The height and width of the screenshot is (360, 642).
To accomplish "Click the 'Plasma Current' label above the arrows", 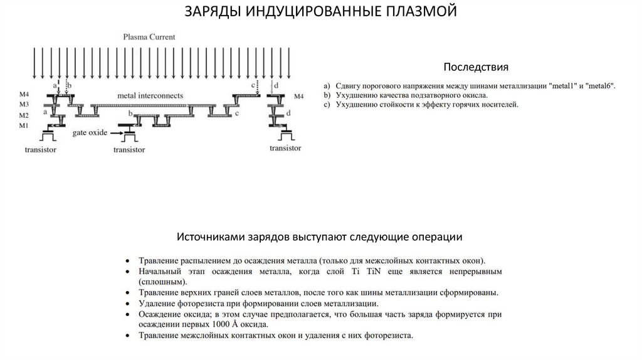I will pos(149,38).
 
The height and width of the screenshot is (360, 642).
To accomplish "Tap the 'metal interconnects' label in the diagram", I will pos(150,96).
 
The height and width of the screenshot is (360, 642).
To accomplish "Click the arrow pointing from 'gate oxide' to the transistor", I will pos(114,133).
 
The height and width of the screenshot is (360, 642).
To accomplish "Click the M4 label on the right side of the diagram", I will pos(298,97).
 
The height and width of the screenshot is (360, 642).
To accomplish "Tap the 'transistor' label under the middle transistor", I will pos(129,150).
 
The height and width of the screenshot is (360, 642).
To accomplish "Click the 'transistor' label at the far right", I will pos(285,148).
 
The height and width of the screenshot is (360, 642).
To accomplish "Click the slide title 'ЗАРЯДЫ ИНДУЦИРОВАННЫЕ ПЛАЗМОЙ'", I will pos(320,13).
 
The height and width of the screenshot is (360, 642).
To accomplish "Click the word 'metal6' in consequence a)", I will pos(599,85).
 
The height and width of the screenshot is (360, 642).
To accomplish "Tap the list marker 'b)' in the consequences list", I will pos(327,95).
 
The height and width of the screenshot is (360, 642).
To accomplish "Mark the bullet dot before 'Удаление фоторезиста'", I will pos(127,304).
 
